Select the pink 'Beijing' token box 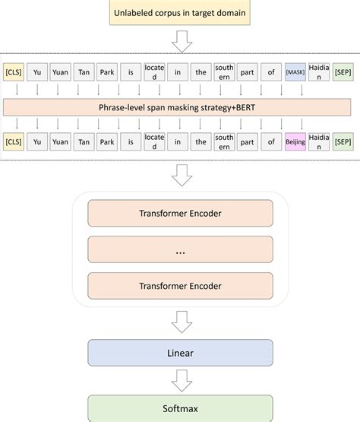[x=295, y=142]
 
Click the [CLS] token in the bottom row [x=13, y=142]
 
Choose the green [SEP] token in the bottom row [x=343, y=142]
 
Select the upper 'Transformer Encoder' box [x=181, y=214]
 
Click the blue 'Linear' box [x=181, y=354]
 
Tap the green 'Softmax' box [x=181, y=408]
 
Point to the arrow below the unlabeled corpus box [x=181, y=43]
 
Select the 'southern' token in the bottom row [x=225, y=142]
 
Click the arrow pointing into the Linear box [x=181, y=325]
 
